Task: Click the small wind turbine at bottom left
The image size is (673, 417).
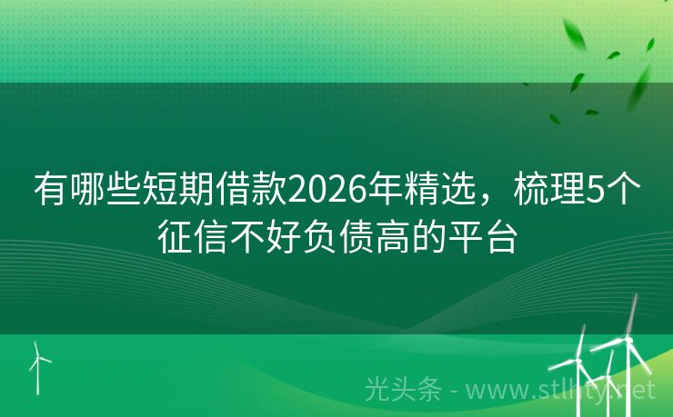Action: point(39,363)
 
